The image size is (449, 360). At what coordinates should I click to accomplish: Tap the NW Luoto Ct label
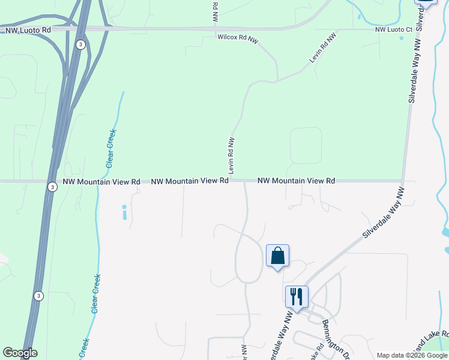click(394, 29)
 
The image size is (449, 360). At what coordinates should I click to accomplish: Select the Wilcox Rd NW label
click(238, 37)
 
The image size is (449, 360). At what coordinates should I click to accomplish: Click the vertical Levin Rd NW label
click(231, 155)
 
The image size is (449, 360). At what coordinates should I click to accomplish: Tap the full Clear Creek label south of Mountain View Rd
click(96, 293)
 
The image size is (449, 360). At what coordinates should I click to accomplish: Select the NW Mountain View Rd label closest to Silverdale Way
click(296, 180)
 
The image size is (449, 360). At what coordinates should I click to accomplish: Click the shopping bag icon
click(277, 256)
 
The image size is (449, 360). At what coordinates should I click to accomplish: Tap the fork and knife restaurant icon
click(297, 296)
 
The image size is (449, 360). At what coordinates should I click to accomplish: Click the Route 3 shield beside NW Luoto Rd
click(80, 44)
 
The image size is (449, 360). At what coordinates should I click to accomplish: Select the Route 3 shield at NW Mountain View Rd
click(53, 187)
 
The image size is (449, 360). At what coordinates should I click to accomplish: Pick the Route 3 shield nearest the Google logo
click(38, 296)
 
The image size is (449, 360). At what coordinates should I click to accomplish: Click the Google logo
click(20, 353)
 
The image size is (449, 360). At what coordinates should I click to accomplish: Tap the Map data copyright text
click(411, 355)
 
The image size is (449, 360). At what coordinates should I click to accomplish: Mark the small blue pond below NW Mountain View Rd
click(124, 212)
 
